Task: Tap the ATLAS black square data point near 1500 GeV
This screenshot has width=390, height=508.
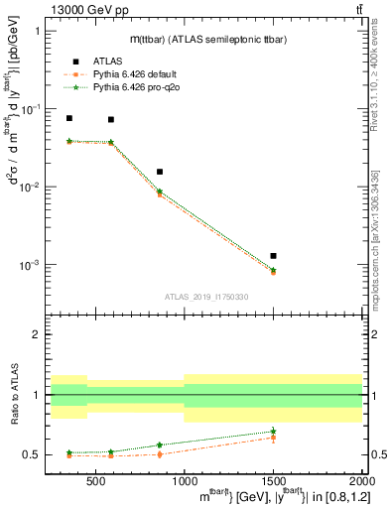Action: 273,256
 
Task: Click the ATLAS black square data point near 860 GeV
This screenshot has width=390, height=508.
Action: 159,172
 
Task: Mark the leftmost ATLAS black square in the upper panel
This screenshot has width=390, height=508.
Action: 68,118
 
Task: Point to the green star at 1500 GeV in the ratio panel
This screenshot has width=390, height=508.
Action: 273,431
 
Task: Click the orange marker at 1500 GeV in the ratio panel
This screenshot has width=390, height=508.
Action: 273,437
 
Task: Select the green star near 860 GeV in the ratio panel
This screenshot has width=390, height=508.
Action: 159,444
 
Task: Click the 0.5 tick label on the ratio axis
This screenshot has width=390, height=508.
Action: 34,454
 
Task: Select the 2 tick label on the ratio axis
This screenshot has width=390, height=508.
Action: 39,334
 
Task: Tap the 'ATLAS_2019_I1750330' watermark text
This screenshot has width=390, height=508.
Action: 205,296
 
